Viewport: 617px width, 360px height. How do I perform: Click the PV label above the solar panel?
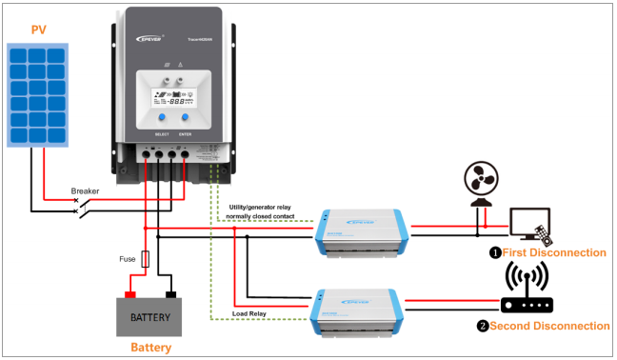tap(38, 29)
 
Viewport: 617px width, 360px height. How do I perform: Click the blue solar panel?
tap(39, 91)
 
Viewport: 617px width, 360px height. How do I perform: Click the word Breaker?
tap(85, 191)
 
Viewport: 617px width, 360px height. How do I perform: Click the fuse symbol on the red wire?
tap(145, 258)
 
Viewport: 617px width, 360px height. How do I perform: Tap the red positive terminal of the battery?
tap(129, 293)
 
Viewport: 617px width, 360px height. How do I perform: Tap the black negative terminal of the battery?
tap(171, 293)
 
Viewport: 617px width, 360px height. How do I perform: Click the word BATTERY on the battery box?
tap(151, 316)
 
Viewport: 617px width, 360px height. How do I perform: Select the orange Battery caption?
tap(151, 348)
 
